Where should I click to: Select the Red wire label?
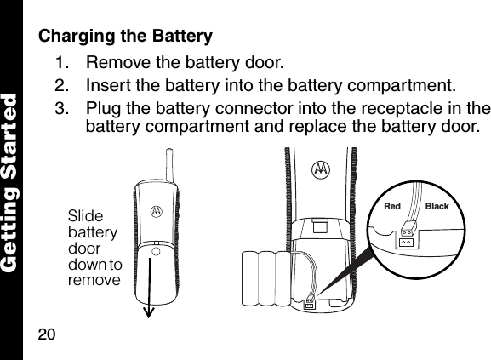(392, 207)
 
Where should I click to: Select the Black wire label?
(437, 207)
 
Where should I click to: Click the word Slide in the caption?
(84, 216)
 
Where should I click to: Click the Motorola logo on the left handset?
(156, 209)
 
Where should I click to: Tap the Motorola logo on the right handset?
(322, 170)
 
